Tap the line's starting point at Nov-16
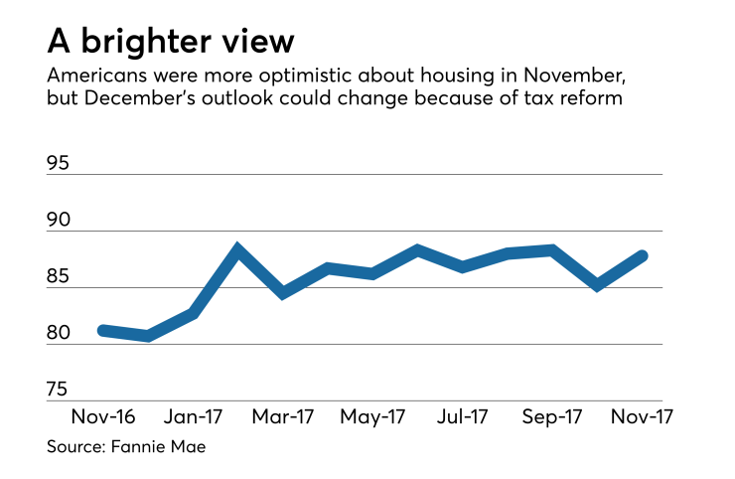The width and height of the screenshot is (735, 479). coord(103,329)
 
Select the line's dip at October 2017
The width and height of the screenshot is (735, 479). coord(597,286)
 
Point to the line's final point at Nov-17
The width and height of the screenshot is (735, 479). coord(643,255)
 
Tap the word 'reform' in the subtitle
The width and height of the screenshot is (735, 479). coord(594,100)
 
